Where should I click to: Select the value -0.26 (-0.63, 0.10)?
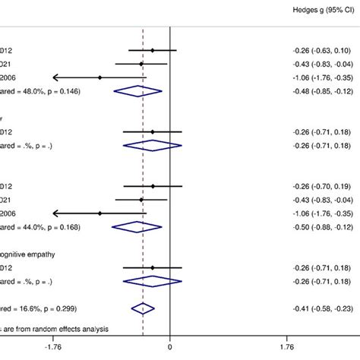[322, 51]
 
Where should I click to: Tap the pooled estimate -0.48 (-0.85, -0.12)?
[322, 90]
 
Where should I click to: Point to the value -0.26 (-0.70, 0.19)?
[322, 186]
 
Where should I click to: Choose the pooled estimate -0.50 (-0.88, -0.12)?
[322, 226]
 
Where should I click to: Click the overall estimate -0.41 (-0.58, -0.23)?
[322, 308]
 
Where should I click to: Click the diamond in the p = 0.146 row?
[137, 91]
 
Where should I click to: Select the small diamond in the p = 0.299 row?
[142, 308]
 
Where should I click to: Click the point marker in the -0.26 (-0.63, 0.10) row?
[153, 51]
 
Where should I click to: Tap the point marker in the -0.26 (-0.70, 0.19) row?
[153, 186]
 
